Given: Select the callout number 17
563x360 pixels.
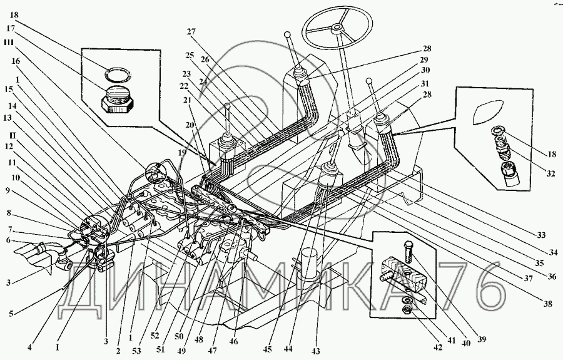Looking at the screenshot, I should (x=11, y=28).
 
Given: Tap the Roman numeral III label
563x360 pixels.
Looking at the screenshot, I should (x=9, y=43).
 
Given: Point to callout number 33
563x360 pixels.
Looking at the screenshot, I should (x=541, y=235).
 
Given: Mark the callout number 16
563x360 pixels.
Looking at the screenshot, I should (x=16, y=61).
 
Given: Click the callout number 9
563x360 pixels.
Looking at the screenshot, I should (x=8, y=190).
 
